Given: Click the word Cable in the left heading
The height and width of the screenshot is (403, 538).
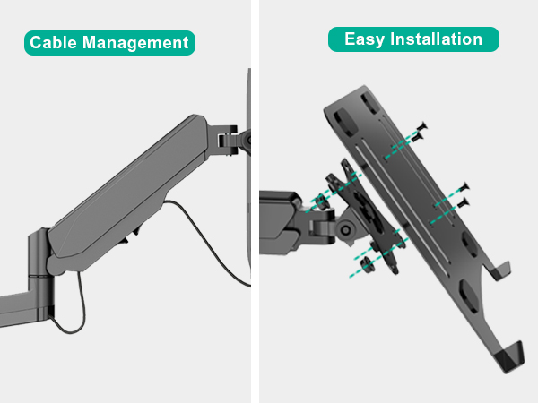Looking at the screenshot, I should (55, 43).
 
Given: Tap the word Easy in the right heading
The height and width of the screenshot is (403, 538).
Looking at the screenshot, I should (363, 39).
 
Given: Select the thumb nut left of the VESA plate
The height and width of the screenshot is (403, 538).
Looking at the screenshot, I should (317, 203).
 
